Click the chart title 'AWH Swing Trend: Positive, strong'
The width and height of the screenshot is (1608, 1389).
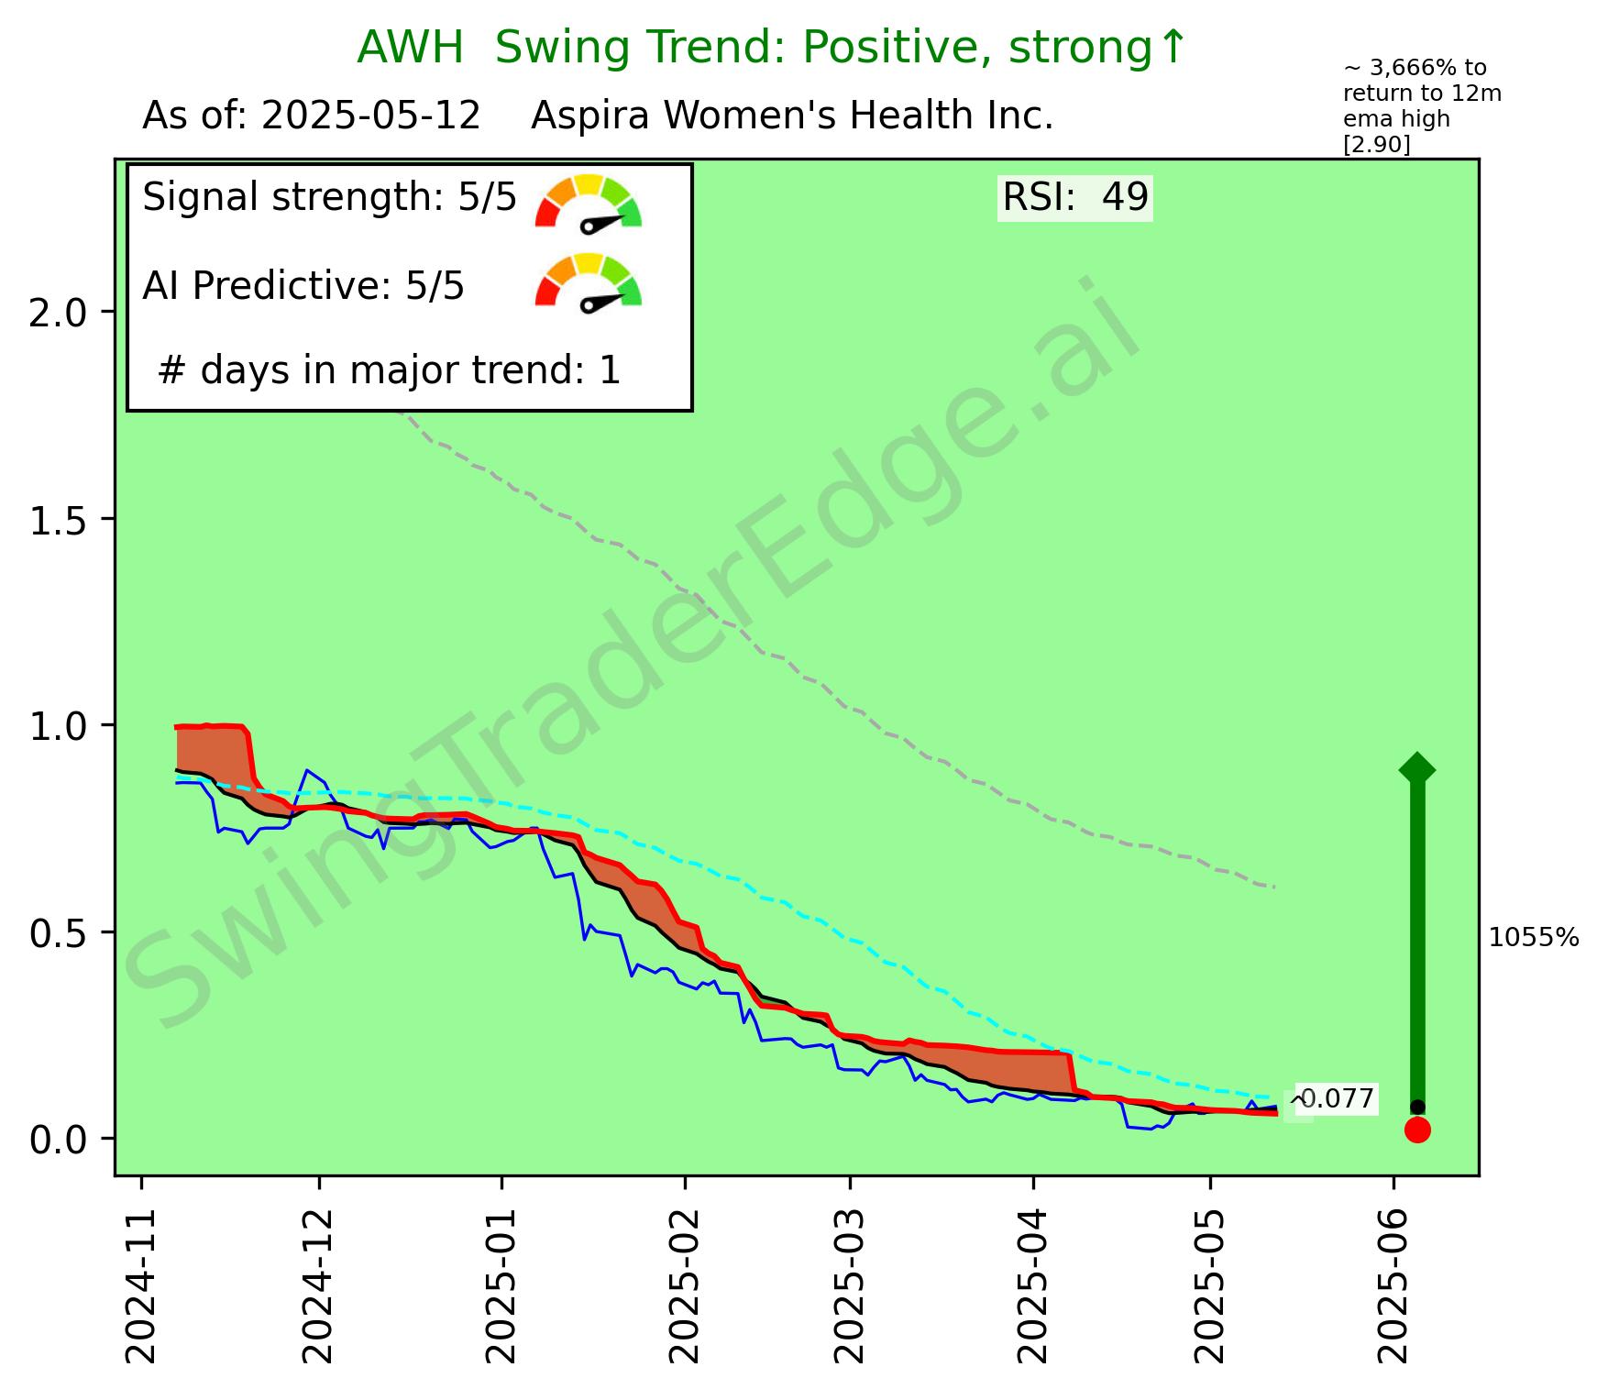770,48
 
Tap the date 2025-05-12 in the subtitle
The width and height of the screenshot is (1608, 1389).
370,116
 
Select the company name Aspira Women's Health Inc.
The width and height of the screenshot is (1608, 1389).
792,116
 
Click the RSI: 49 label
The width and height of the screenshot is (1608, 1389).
1074,198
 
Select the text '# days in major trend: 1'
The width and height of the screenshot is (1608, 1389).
390,370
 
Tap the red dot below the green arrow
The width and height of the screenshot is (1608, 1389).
1417,1130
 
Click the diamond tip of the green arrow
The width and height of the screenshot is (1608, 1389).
1417,768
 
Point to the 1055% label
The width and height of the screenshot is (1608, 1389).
1534,937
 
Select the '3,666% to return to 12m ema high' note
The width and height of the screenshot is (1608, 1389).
1421,106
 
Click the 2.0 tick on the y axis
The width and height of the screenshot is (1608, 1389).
58,312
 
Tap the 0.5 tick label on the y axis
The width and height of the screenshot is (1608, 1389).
58,932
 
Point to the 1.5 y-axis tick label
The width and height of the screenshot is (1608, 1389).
58,519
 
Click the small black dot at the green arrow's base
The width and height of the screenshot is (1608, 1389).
1417,1107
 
